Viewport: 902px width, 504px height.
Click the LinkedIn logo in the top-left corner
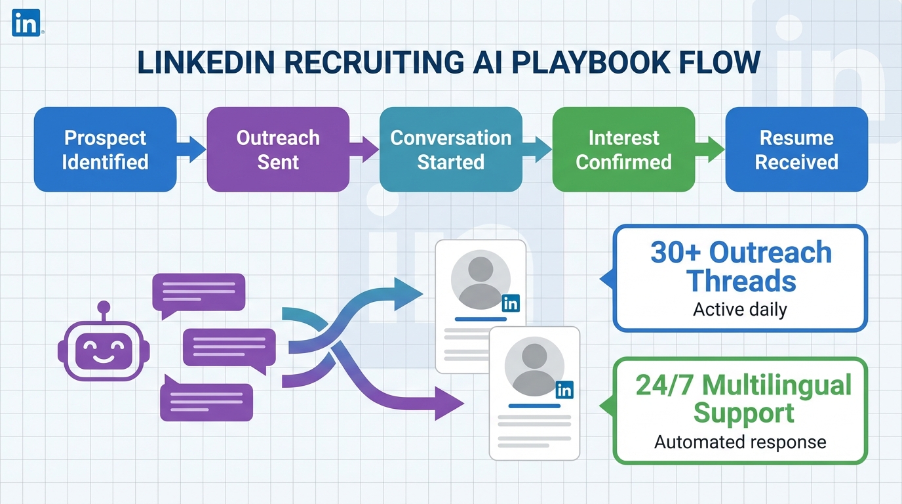coord(26,24)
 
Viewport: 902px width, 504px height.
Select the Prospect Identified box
coord(105,150)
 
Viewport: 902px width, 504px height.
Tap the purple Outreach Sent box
coord(278,150)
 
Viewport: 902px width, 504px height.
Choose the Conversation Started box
coord(451,150)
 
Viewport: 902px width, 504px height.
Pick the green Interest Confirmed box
coord(623,150)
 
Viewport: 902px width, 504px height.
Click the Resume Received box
coord(796,150)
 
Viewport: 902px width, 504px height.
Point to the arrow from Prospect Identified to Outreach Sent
coord(192,150)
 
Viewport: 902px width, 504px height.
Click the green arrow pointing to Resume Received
coord(711,150)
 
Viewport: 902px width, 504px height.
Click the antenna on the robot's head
coord(103,307)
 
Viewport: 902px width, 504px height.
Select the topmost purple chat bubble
coord(198,291)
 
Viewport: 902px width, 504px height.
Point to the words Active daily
coord(739,309)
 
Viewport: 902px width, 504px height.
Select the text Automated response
coord(739,442)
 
